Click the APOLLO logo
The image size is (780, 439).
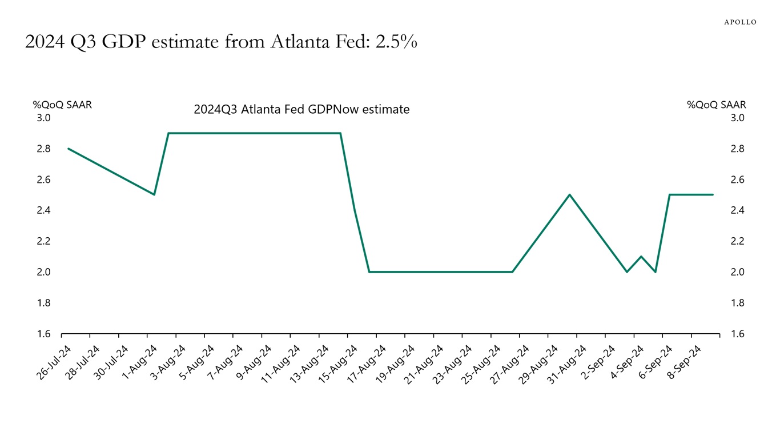[740, 22]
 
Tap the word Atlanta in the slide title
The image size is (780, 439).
[300, 42]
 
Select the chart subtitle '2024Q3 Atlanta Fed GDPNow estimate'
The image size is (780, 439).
[301, 109]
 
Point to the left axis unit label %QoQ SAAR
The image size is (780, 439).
[62, 105]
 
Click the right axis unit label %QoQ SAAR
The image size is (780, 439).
[717, 105]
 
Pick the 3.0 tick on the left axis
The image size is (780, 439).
[44, 118]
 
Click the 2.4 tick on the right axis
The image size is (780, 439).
[737, 210]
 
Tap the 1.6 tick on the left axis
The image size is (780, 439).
[44, 334]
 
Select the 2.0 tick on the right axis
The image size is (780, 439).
[737, 272]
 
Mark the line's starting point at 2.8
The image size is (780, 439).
[69, 149]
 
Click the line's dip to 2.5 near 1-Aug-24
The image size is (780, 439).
[154, 194]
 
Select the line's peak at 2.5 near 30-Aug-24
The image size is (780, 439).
[569, 194]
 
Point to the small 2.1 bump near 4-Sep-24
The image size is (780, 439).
[641, 256]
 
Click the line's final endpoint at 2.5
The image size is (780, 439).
[713, 194]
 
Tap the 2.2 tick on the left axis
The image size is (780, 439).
[44, 241]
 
